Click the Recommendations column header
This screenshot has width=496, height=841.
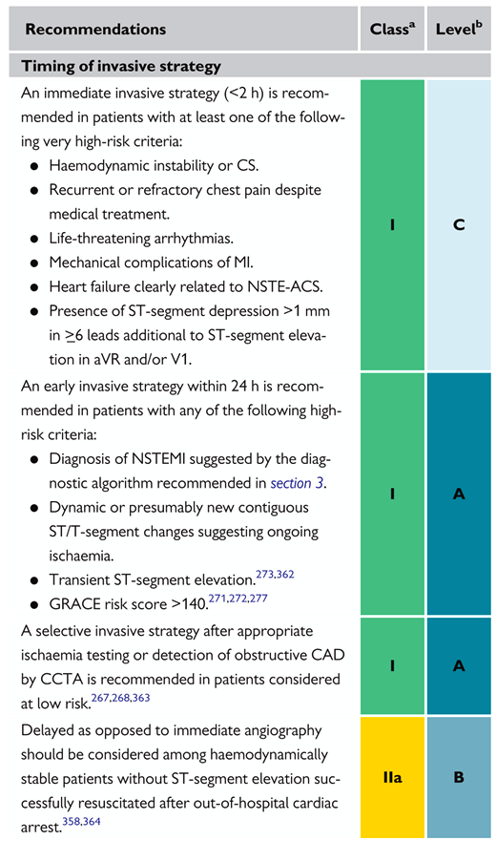95,29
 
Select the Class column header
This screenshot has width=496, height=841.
392,29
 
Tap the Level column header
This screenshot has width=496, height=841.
459,29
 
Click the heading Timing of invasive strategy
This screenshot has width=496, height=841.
120,66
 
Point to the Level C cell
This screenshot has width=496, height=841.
459,224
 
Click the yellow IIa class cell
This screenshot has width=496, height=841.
392,777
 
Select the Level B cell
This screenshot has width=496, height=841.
459,777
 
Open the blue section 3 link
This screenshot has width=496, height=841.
297,483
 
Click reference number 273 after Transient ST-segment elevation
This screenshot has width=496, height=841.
265,575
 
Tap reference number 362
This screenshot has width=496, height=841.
285,575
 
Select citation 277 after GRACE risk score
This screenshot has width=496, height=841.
258,599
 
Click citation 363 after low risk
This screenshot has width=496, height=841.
141,698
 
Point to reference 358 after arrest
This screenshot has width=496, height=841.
72,822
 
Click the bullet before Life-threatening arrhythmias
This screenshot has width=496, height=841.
34,239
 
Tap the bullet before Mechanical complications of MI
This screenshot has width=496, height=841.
34,263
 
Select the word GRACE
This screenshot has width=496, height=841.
72,604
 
